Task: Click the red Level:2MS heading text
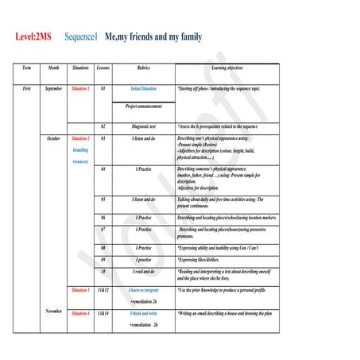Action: pyautogui.click(x=33, y=37)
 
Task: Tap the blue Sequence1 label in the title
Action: pyautogui.click(x=81, y=37)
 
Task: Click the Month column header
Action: pyautogui.click(x=53, y=68)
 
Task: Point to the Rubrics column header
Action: pyautogui.click(x=144, y=68)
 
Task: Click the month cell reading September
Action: pyautogui.click(x=53, y=88)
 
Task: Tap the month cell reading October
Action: pyautogui.click(x=53, y=138)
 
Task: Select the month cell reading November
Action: pyautogui.click(x=53, y=311)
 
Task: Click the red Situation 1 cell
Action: pyautogui.click(x=80, y=88)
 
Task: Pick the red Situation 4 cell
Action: pyautogui.click(x=80, y=315)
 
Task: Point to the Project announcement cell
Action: pyautogui.click(x=144, y=106)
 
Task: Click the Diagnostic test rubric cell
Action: pyautogui.click(x=144, y=126)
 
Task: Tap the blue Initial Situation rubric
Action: pyautogui.click(x=144, y=88)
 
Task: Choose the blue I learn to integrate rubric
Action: pyautogui.click(x=144, y=291)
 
